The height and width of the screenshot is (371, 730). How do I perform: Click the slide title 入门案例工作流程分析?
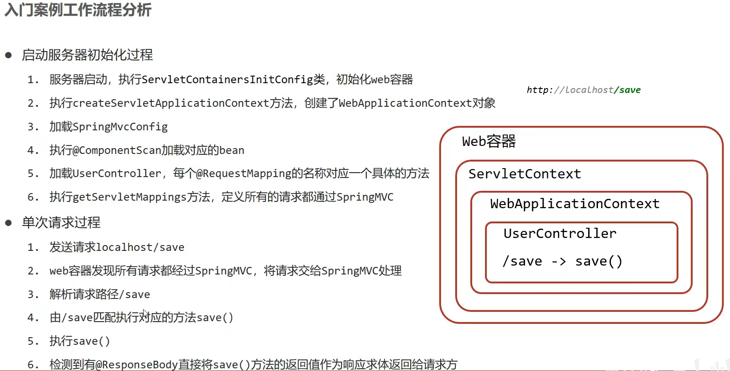tap(78, 10)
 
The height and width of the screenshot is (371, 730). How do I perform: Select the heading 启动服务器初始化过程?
tap(87, 55)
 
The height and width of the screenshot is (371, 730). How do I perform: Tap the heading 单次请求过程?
tap(61, 222)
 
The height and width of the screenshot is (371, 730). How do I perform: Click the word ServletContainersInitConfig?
tap(227, 80)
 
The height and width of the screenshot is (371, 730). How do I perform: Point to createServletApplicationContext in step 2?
tap(171, 103)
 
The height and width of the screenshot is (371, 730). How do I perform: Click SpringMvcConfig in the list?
tap(120, 127)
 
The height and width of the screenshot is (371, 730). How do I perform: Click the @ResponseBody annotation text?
tap(136, 365)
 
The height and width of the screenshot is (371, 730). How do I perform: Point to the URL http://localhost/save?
tap(583, 90)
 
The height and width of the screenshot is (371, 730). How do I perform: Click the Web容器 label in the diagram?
tap(489, 141)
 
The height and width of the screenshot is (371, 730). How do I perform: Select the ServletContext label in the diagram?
tap(525, 174)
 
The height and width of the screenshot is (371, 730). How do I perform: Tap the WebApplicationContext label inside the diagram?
tap(574, 204)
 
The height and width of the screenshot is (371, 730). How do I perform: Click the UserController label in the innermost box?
tap(560, 234)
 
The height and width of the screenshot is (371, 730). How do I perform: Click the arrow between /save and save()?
tap(559, 262)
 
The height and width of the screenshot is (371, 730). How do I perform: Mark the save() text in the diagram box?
tap(598, 262)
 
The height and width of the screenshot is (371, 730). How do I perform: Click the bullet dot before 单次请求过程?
tap(8, 223)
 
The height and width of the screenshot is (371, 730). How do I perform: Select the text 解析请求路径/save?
tap(100, 294)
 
